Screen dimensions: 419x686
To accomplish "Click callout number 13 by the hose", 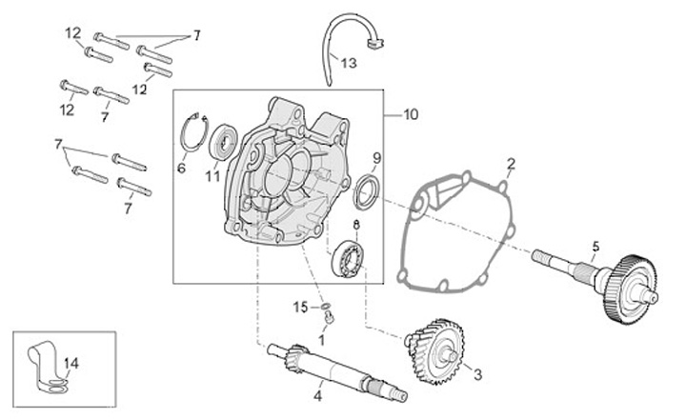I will [348, 64].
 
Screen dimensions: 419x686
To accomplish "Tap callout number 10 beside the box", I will [411, 114].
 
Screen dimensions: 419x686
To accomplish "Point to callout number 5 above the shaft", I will [595, 246].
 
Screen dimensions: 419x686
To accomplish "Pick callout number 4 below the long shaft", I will [318, 395].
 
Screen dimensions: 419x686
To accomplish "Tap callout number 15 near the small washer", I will [298, 307].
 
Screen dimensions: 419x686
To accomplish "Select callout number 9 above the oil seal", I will [376, 157].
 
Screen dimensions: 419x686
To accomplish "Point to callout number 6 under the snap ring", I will [181, 168].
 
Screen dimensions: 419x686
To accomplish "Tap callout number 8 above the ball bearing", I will [356, 224].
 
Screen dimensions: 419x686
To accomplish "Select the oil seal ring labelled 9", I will [366, 190].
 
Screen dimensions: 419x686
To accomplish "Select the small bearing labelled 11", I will [224, 142].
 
